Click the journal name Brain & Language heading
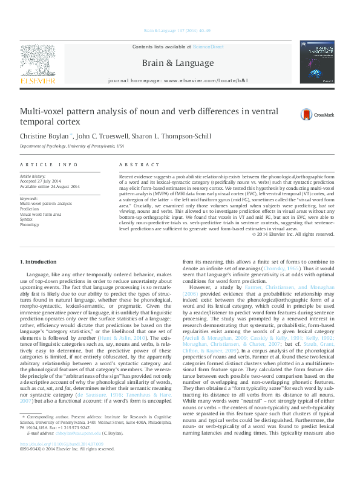[x=177, y=63]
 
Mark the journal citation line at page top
[x=179, y=30]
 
